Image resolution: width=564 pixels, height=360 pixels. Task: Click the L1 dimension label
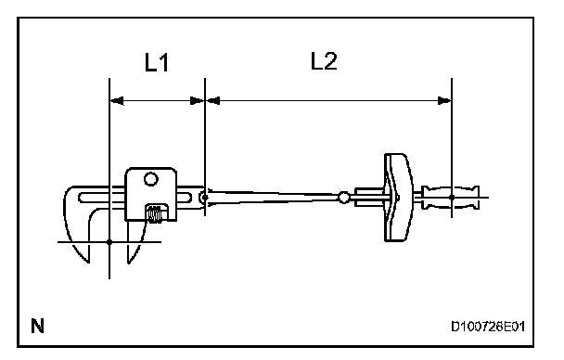157,62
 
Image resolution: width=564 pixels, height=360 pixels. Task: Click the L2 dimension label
324,61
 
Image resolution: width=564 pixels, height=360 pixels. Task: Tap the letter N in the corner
37,327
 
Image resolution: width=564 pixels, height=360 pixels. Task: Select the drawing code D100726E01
488,327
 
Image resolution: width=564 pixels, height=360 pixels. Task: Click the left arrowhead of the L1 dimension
117,101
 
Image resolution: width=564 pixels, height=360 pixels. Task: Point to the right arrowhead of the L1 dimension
198,101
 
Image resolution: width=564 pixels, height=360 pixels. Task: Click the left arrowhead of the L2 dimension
212,101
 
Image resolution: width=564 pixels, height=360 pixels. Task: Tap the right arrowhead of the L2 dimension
444,101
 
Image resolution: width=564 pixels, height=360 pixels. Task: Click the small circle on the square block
150,179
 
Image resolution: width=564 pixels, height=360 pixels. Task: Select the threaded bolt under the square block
156,212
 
